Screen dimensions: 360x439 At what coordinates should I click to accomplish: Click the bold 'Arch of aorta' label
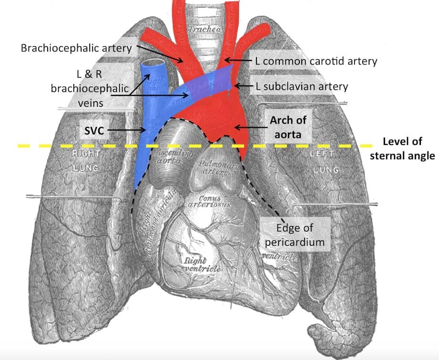pyautogui.click(x=284, y=128)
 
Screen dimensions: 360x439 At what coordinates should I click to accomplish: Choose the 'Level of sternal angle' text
pyautogui.click(x=409, y=148)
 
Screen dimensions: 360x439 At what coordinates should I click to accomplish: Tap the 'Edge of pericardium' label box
pyautogui.click(x=295, y=234)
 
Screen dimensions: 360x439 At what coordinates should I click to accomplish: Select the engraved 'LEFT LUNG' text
pyautogui.click(x=325, y=161)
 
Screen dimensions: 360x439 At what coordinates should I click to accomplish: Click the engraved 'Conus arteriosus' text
pyautogui.click(x=215, y=201)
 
